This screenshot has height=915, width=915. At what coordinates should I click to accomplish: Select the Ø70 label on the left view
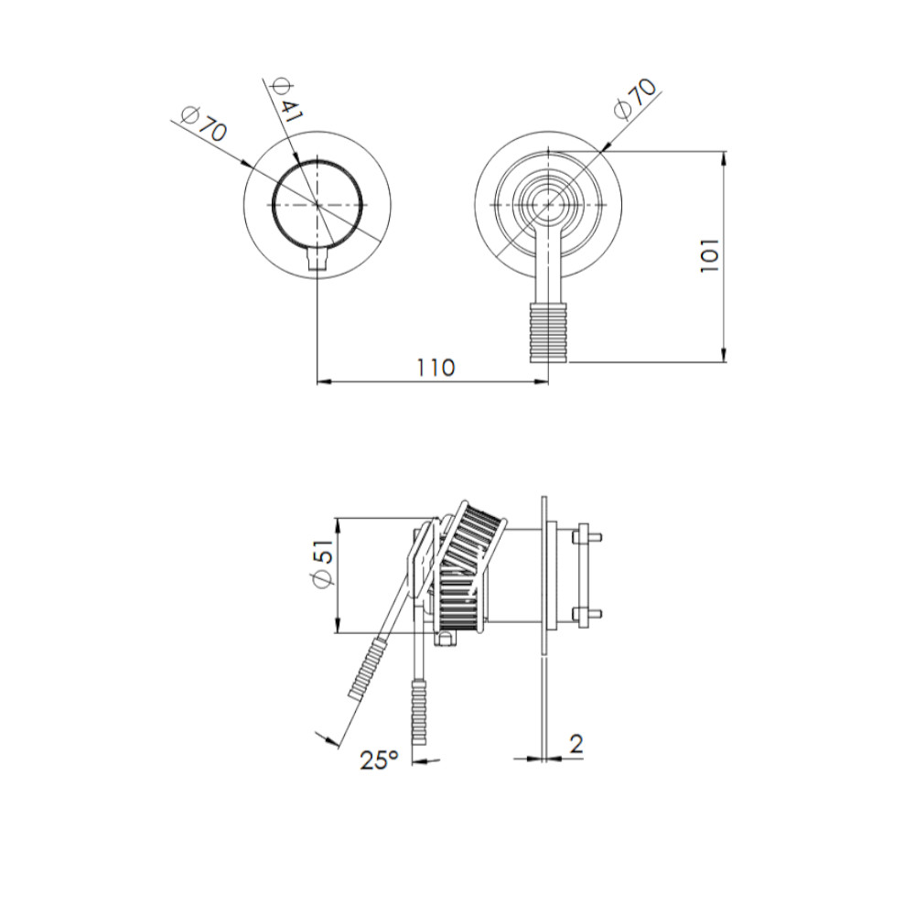[204, 124]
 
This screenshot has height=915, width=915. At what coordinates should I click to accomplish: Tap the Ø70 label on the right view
[636, 99]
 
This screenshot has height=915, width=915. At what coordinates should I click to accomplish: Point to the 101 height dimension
[710, 255]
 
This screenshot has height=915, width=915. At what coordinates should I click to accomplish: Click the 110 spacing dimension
[436, 368]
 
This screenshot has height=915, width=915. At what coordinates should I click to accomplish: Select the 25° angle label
[379, 759]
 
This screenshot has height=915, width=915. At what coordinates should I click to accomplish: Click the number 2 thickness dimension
[576, 744]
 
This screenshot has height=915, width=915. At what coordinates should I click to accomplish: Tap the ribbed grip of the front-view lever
[548, 333]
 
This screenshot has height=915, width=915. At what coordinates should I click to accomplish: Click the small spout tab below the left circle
[318, 258]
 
